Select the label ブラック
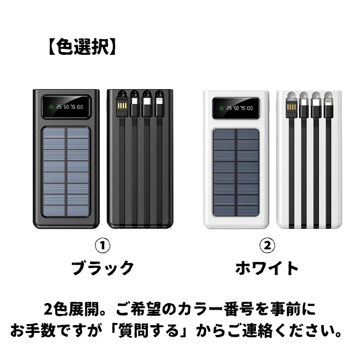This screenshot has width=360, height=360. [x=102, y=268]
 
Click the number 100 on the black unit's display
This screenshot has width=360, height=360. [x=80, y=107]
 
